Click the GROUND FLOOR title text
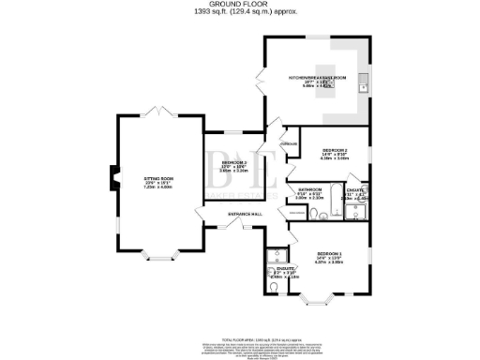point(240,5)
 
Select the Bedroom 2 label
point(335,150)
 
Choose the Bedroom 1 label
point(329,253)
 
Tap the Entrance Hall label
point(244,215)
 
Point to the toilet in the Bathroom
point(327,213)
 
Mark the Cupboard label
point(275,142)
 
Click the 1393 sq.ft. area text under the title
point(240,13)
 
